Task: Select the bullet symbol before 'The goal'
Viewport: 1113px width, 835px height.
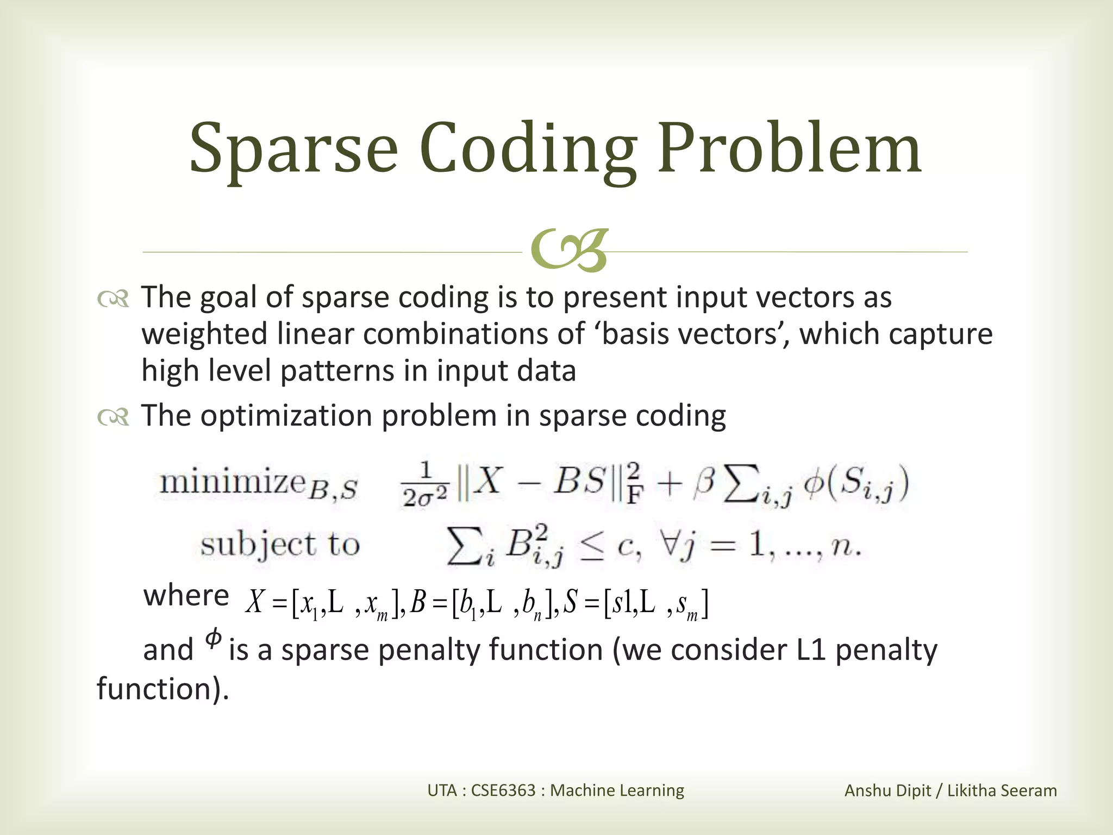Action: coord(113,299)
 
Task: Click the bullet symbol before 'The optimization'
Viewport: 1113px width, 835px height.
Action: coord(113,417)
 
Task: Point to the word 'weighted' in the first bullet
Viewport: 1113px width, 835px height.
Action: coord(204,334)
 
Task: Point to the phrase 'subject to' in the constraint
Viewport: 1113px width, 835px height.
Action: coord(280,544)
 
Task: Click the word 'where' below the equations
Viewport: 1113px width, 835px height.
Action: coord(186,596)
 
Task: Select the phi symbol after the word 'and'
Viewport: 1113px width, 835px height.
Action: coord(213,637)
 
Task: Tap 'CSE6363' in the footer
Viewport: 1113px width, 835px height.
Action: coord(503,790)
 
